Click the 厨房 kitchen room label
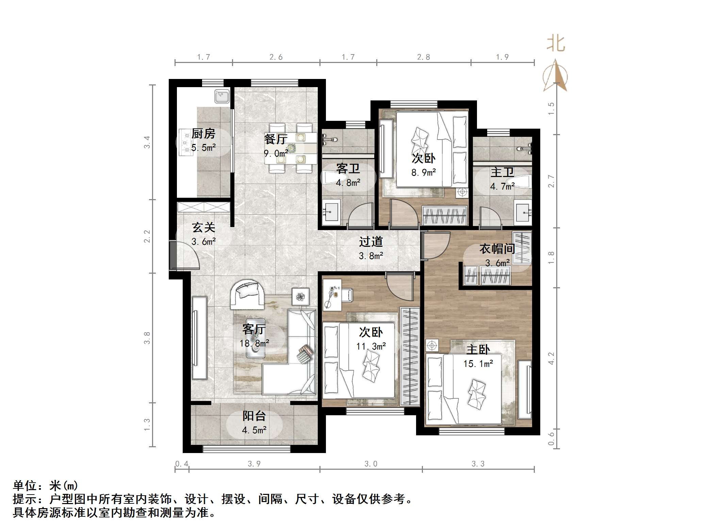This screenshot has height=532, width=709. coord(203,134)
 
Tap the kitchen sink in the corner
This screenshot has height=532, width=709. coord(222,96)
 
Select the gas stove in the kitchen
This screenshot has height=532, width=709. coord(186,142)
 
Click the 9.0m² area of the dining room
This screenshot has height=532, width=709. coord(276,154)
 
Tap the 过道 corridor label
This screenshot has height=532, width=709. coord(371,242)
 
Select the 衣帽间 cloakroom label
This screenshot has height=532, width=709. coord(497,249)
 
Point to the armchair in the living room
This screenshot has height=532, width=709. coord(247,294)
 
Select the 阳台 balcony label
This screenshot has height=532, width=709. coord(254,416)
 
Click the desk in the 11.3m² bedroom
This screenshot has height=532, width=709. coord(332,295)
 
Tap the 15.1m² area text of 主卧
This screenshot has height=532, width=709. coord(478,364)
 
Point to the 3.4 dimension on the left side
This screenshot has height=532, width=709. coord(147,142)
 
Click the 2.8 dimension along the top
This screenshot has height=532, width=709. coord(423,57)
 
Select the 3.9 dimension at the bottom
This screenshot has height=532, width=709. coord(254,464)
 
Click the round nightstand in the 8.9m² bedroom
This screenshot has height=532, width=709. coord(462,192)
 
